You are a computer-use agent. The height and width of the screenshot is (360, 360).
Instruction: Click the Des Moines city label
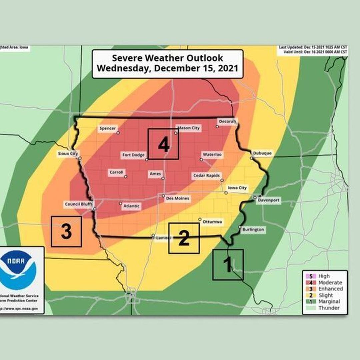(x=178, y=198)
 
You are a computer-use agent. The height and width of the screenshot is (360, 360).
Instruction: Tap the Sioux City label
(x=68, y=153)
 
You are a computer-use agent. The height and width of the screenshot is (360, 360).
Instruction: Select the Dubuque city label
(x=262, y=153)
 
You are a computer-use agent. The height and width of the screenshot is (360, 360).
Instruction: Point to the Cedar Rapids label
(x=206, y=176)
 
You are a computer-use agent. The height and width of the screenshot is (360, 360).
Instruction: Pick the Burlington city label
(x=253, y=229)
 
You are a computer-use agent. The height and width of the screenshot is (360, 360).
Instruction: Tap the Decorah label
(x=227, y=121)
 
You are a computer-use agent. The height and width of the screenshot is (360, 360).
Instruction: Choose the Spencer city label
(x=108, y=128)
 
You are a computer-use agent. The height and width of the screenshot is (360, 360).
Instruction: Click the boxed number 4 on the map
(x=163, y=144)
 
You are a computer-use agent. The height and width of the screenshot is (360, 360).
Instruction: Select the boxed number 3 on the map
(x=66, y=232)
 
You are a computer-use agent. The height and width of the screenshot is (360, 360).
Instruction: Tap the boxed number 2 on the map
(x=184, y=238)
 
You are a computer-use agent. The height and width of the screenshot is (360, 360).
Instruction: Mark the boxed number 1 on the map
(x=228, y=265)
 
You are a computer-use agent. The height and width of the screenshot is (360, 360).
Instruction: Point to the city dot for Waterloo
(x=201, y=160)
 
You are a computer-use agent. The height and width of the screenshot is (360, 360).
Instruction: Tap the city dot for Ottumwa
(x=200, y=219)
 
